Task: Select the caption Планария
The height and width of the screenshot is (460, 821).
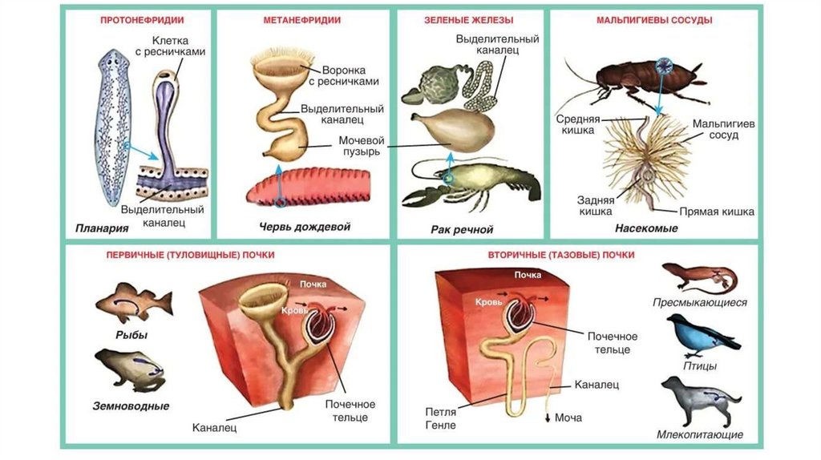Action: pos(103,228)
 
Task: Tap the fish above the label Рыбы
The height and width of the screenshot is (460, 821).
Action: pos(133,302)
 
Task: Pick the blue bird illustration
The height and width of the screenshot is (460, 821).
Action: pos(702,336)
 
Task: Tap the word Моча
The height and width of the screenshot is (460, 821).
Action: pos(568,418)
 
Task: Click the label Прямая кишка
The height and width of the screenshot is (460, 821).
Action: pos(716,212)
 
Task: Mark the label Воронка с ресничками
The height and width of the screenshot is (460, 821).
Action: pos(350,75)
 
